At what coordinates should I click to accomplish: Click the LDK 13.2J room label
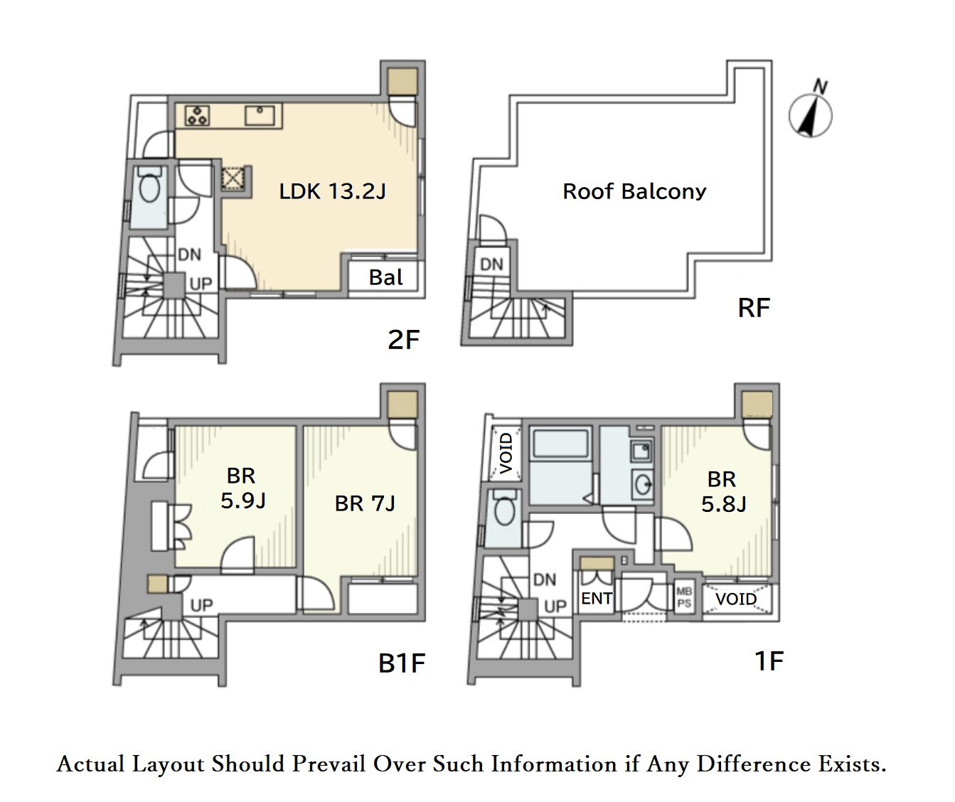(333, 191)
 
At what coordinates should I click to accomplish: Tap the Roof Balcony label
(634, 191)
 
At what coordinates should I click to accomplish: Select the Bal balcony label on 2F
(385, 277)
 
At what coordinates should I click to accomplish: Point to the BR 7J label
(365, 503)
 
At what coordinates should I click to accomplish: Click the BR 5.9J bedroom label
(242, 488)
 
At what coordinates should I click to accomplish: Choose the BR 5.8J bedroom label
(724, 491)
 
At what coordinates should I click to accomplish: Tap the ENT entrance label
(597, 599)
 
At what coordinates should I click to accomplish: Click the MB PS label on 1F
(684, 598)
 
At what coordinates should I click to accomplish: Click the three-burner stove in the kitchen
(198, 115)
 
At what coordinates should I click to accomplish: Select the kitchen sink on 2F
(260, 115)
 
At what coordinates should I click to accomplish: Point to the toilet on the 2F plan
(149, 185)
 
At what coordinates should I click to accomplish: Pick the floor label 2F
(403, 340)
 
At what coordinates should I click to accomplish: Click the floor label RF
(754, 308)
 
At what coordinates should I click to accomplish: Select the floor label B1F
(402, 663)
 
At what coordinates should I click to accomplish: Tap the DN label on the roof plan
(491, 264)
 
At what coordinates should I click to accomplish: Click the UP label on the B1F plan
(201, 605)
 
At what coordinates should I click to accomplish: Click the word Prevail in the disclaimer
(329, 764)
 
